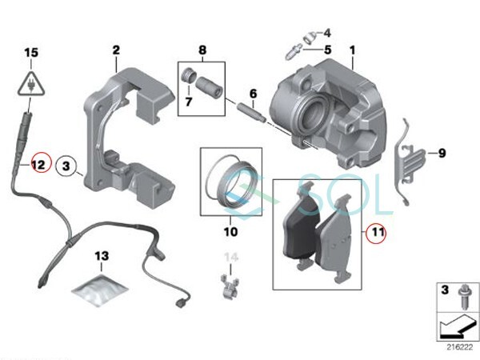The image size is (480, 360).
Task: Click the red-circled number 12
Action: coord(39,165)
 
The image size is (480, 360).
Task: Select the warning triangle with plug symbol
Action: coord(31,83)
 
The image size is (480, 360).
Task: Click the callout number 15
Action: coord(31,52)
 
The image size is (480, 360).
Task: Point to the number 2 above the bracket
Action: coord(116,50)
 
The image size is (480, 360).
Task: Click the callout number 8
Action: coord(202,50)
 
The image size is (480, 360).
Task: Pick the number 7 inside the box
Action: coord(189,102)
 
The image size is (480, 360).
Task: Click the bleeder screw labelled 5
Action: coord(294,52)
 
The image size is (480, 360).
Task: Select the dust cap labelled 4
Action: coord(310,38)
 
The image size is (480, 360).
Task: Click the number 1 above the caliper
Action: coord(352,50)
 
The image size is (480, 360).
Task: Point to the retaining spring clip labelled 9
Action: coord(409,162)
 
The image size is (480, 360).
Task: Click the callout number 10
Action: coord(230,232)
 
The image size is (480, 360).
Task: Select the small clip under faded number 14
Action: coord(230,286)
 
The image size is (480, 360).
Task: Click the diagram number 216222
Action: coord(459,347)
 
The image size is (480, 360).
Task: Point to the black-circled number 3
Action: coord(66,166)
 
